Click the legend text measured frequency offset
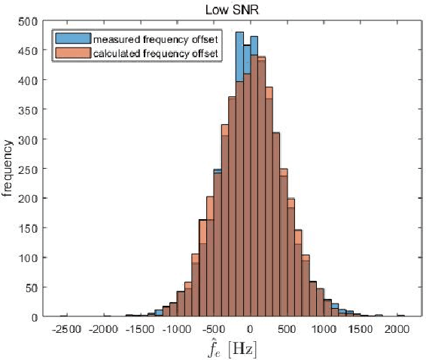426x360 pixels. click(x=151, y=38)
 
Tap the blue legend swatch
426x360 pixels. click(x=71, y=38)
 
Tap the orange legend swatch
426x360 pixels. click(x=71, y=53)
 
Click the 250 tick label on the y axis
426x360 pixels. click(x=27, y=169)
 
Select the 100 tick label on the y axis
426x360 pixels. click(x=27, y=258)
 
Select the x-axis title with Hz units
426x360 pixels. click(x=230, y=349)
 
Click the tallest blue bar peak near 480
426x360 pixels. click(x=239, y=33)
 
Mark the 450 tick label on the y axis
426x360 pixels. click(x=27, y=50)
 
